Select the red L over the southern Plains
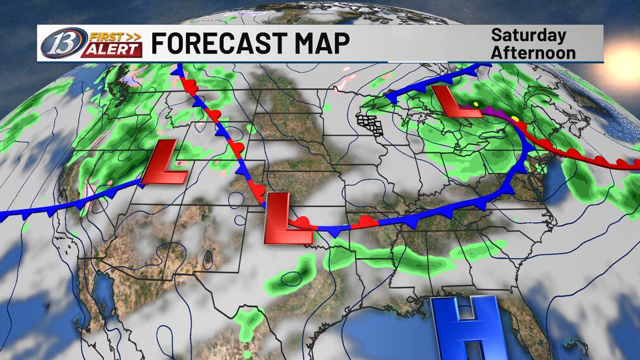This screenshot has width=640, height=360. pyautogui.click(x=283, y=218)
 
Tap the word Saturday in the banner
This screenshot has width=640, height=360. pyautogui.click(x=529, y=35)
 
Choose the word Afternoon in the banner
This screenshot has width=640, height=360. pyautogui.click(x=534, y=52)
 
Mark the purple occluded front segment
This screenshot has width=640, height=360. pyautogui.click(x=498, y=118)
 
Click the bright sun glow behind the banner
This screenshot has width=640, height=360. pyautogui.click(x=620, y=49)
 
